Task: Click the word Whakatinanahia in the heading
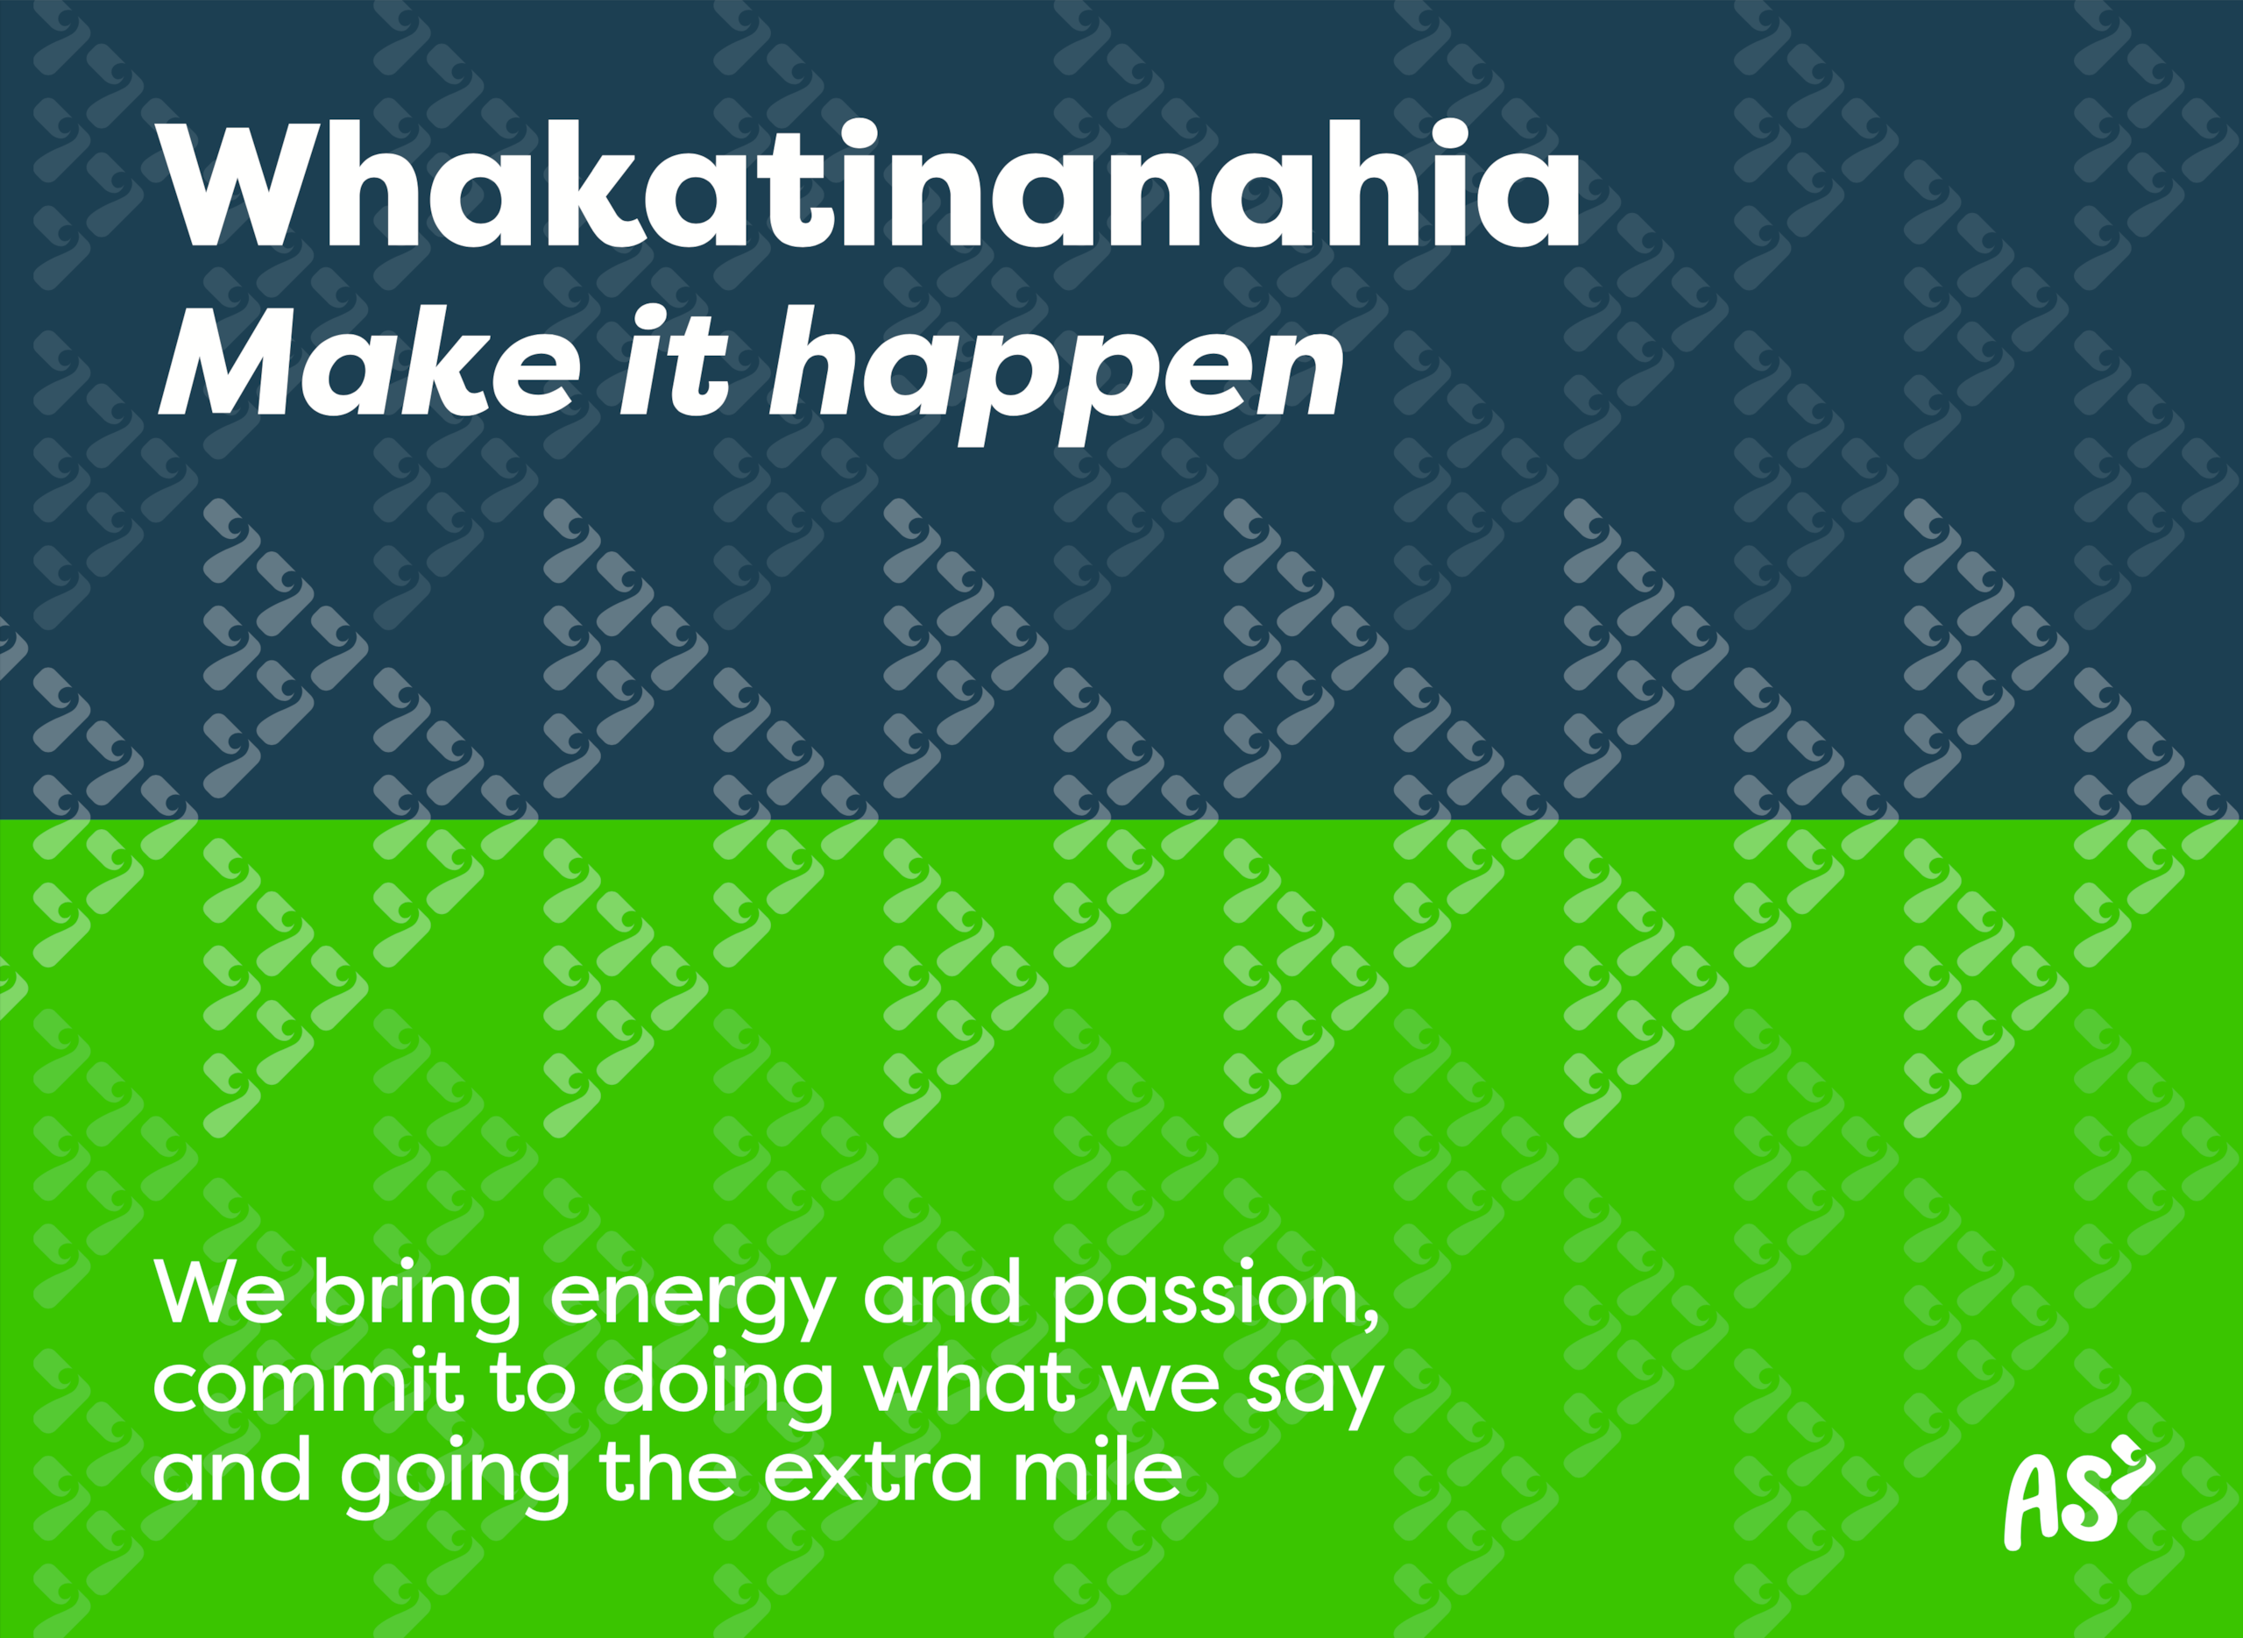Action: click(868, 184)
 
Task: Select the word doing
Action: click(718, 1388)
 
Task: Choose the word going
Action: click(456, 1478)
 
